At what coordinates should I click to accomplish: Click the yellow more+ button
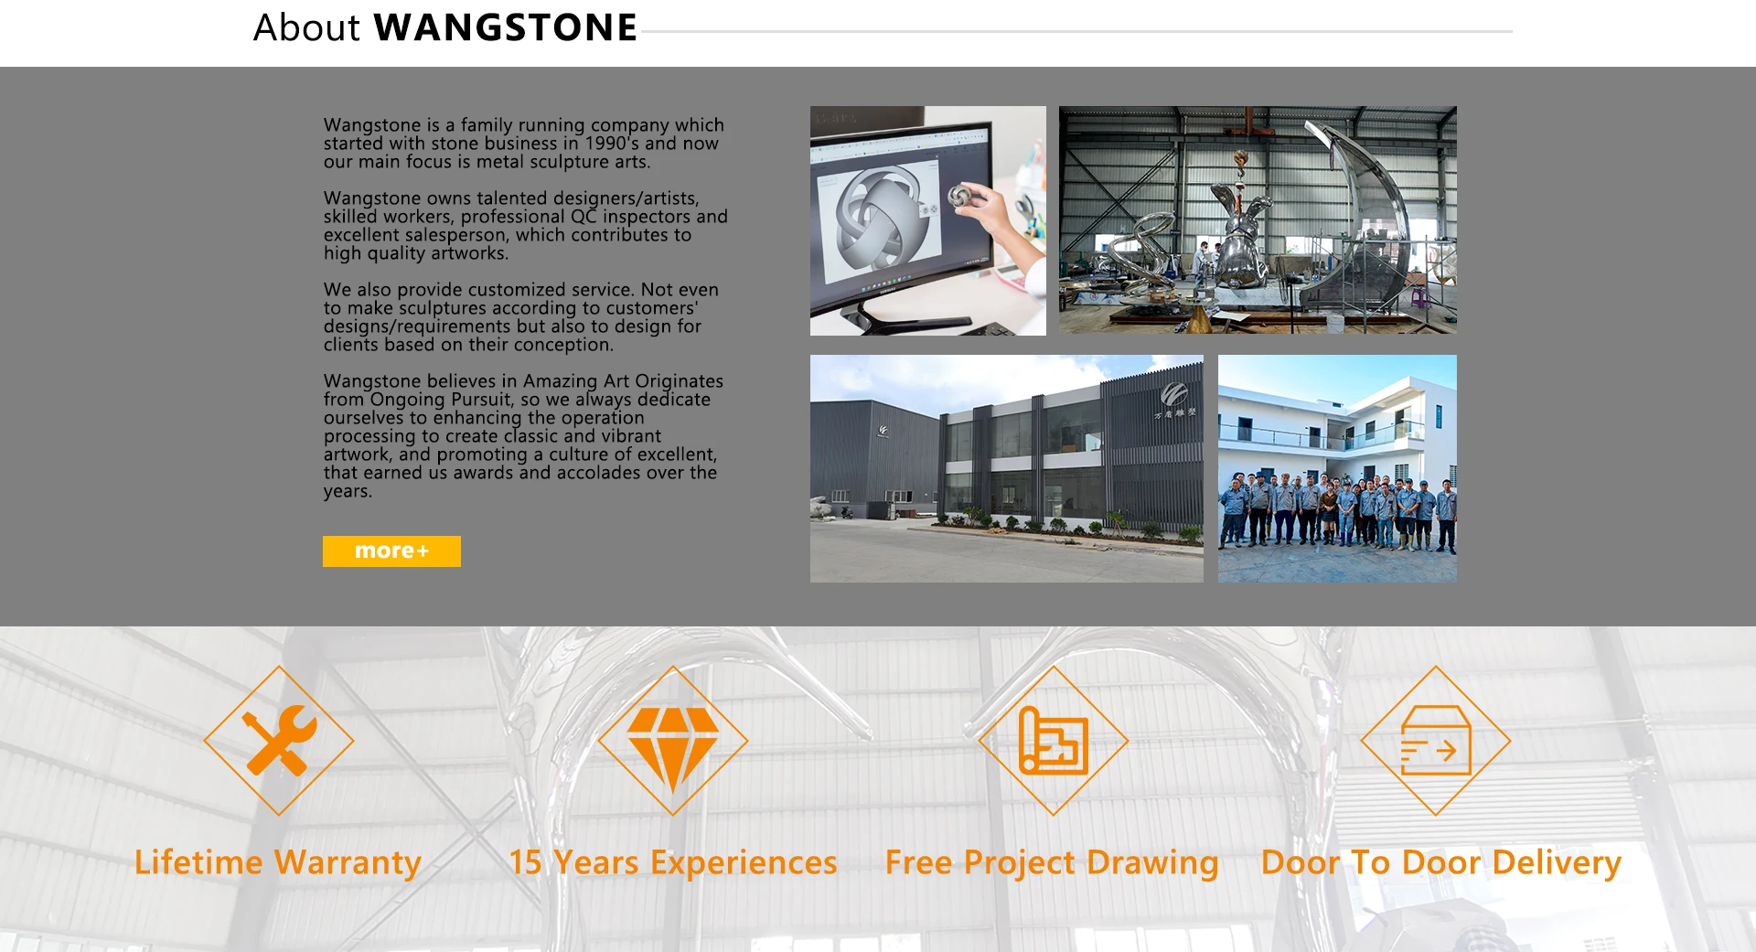click(x=391, y=551)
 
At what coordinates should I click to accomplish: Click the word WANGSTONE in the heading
click(x=506, y=27)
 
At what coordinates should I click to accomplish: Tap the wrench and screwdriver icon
click(x=279, y=740)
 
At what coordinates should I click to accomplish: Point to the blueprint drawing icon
click(x=1053, y=741)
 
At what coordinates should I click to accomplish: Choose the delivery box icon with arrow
click(x=1436, y=741)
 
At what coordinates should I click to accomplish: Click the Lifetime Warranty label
click(x=278, y=862)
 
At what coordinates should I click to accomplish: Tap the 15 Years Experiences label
click(x=673, y=862)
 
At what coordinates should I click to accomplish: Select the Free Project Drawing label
click(x=1052, y=862)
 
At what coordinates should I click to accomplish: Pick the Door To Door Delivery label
click(x=1441, y=862)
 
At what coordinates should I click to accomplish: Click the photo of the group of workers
click(x=1337, y=468)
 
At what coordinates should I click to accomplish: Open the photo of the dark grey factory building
click(x=1007, y=468)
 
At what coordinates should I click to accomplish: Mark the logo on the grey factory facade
click(x=1174, y=395)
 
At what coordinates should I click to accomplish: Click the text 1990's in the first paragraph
click(x=612, y=144)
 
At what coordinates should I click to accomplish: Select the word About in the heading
click(x=307, y=27)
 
